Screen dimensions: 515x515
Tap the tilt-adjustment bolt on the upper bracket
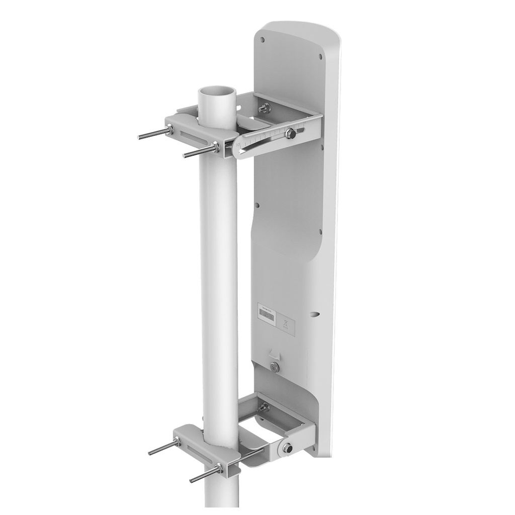[290, 134]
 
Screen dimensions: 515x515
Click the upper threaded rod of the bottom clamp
[162, 448]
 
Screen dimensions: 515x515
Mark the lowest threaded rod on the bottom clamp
[203, 475]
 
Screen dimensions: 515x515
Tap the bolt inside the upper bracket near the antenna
[264, 107]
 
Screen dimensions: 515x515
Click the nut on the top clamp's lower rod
[216, 146]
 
